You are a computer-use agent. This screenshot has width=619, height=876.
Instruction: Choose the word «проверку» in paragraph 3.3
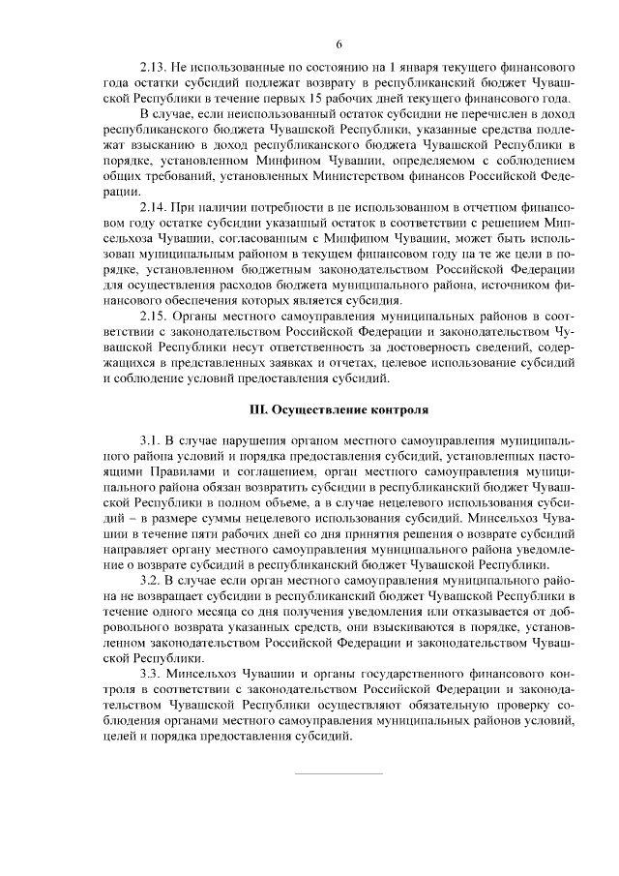512,704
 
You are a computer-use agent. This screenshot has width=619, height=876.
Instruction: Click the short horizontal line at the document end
339,773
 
